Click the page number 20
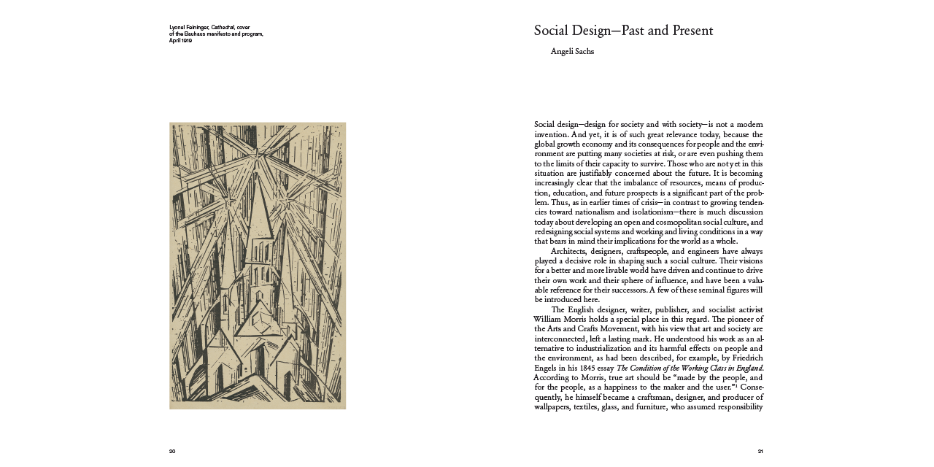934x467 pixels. (172, 451)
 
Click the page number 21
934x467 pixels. (760, 451)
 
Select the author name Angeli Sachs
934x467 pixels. (572, 52)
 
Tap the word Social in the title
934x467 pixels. (552, 31)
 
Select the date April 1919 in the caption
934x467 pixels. (180, 41)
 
